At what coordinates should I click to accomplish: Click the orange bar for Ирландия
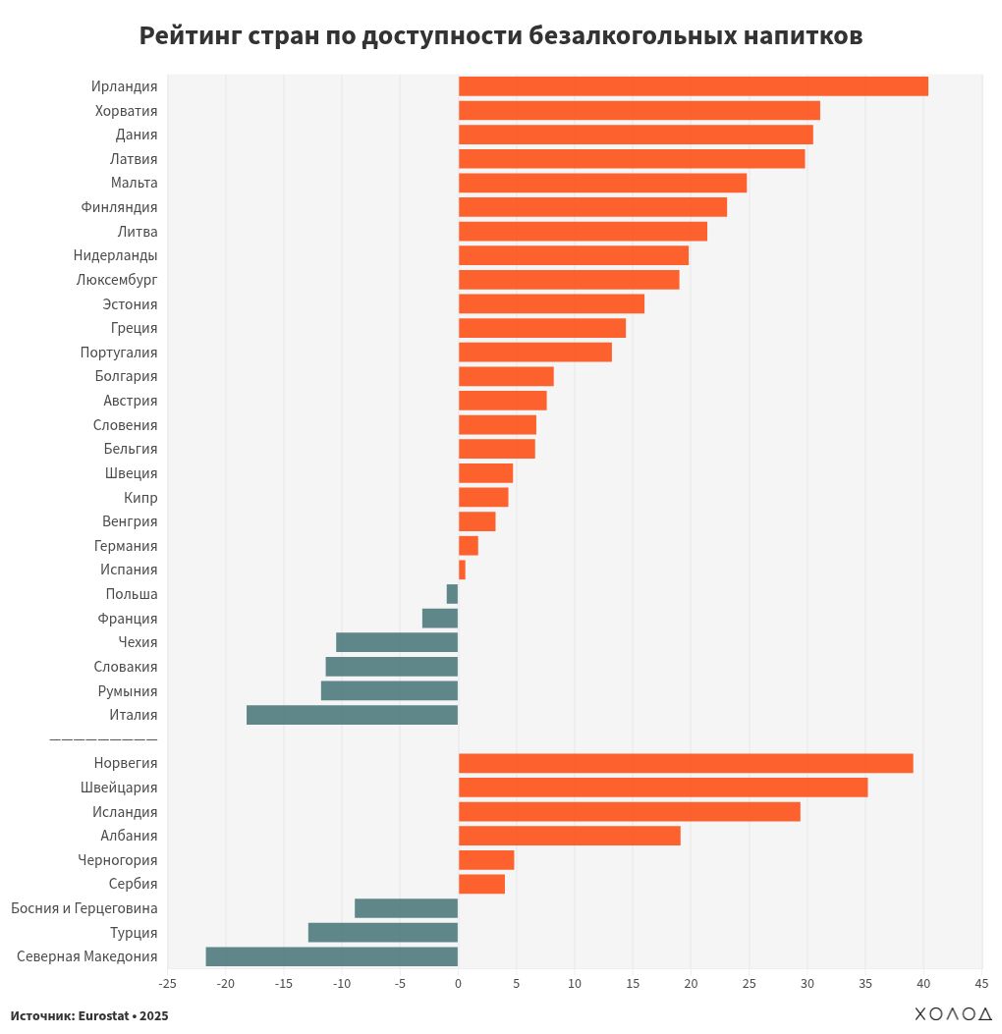(693, 86)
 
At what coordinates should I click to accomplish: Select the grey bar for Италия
(352, 715)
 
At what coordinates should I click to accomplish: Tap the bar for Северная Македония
(331, 956)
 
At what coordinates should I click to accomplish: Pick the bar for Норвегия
(685, 763)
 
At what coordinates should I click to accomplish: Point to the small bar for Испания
(462, 570)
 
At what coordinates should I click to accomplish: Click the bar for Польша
(452, 594)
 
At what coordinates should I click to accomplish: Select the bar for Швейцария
(662, 788)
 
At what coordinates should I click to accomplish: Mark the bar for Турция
(382, 933)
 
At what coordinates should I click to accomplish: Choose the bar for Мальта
(602, 183)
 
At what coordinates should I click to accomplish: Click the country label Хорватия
(126, 111)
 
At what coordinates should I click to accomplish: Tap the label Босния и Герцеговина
(83, 908)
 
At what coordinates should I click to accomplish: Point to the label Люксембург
(116, 280)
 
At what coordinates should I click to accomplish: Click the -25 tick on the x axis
(168, 983)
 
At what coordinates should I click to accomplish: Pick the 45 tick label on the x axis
(980, 983)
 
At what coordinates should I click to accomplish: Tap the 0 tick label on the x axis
(458, 983)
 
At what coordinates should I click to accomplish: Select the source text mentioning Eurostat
(89, 1015)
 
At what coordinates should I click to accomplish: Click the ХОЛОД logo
(953, 1014)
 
